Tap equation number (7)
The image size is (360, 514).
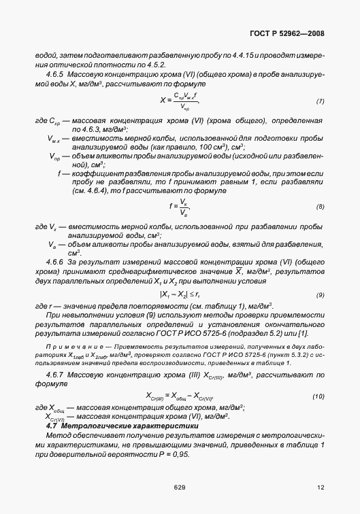[319, 102]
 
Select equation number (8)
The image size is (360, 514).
[319, 206]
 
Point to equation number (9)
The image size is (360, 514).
[319, 275]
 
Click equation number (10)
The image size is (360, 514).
[318, 396]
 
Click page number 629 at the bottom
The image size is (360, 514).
[180, 487]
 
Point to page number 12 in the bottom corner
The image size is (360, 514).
[321, 487]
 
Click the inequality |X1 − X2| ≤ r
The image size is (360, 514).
[180, 275]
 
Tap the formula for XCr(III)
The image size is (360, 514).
[180, 396]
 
